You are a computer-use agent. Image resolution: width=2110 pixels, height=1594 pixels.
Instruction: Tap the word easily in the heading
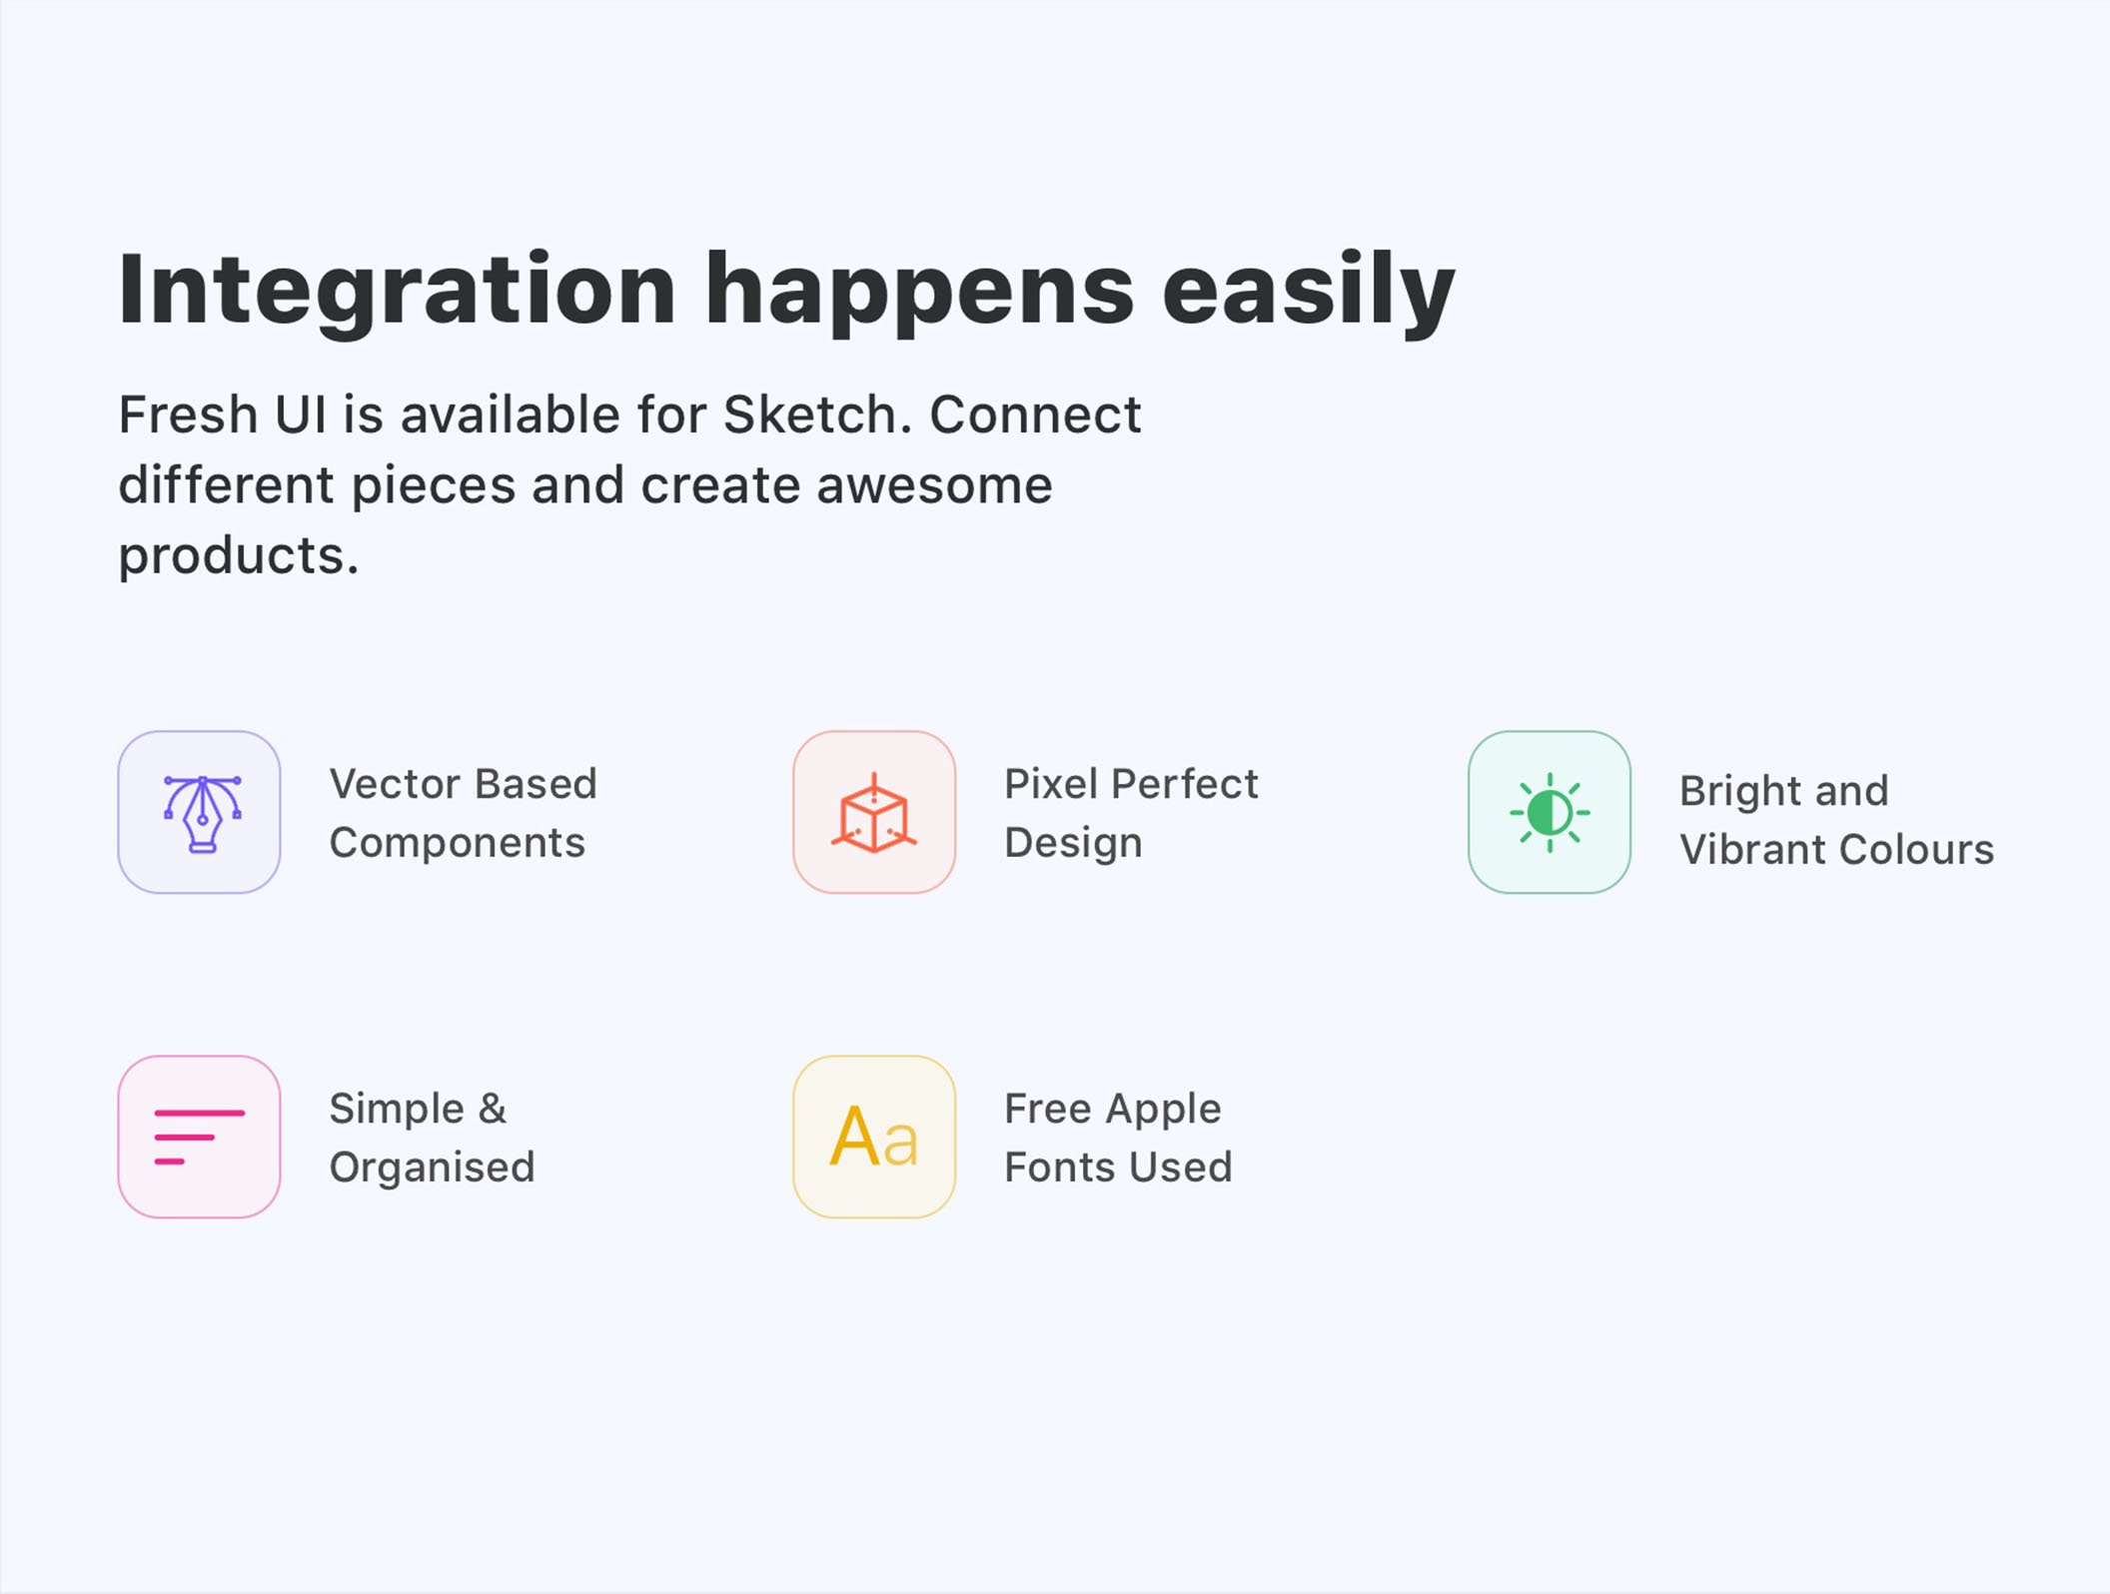pos(1308,291)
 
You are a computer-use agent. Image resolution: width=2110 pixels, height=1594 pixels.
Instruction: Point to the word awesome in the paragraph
pos(934,485)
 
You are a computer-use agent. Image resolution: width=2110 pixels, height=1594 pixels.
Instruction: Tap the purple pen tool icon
pos(202,813)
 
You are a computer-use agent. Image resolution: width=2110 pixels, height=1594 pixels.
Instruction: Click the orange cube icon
pos(874,813)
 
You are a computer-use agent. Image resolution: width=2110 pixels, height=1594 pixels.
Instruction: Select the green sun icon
pos(1550,813)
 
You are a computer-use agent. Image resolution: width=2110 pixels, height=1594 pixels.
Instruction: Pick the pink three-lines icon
pos(200,1137)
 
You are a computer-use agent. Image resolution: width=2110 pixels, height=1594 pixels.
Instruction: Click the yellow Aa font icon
pos(874,1136)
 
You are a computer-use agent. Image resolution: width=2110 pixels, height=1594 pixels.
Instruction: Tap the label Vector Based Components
pos(464,813)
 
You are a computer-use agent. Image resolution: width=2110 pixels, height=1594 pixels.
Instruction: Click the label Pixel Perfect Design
pos(1131,813)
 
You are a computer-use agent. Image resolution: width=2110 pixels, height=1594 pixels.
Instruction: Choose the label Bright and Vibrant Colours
pos(1836,820)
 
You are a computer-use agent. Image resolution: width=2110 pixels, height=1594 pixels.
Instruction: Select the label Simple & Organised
pos(433,1138)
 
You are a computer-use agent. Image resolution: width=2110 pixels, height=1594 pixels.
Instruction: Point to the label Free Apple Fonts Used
pos(1118,1138)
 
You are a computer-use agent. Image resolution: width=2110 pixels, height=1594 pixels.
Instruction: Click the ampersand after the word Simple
pos(493,1109)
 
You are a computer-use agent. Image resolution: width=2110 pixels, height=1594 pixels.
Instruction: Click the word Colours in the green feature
pos(1916,850)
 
